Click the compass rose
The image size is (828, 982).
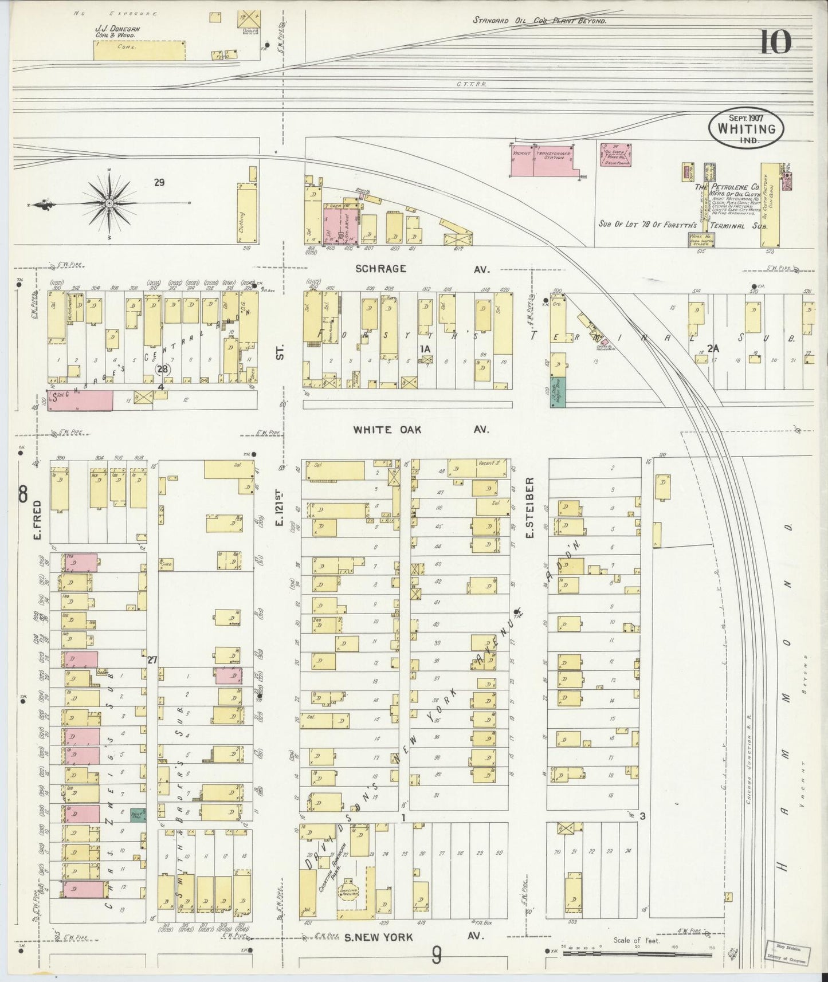point(109,203)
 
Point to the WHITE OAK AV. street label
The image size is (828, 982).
point(421,429)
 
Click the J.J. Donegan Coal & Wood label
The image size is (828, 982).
point(117,32)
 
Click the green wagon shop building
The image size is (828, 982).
point(559,392)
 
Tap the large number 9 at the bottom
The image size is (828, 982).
point(437,955)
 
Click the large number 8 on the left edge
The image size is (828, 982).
point(22,493)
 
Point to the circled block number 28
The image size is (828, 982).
point(163,369)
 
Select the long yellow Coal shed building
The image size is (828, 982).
point(139,50)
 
